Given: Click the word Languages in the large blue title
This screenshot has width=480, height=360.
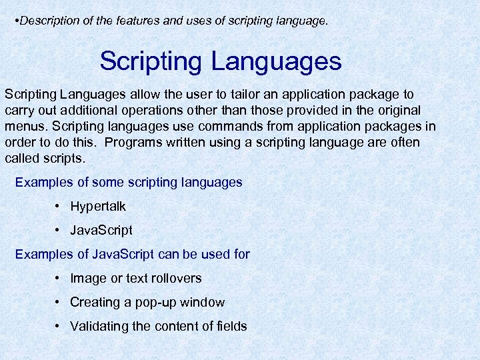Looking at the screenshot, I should click(x=277, y=61).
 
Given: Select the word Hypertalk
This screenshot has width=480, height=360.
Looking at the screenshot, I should click(x=98, y=206).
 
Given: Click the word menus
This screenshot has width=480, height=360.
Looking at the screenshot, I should click(x=25, y=126).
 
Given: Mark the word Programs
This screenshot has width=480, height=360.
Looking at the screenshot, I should click(x=133, y=142).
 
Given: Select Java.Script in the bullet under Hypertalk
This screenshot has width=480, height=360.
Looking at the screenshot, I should click(x=101, y=230).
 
